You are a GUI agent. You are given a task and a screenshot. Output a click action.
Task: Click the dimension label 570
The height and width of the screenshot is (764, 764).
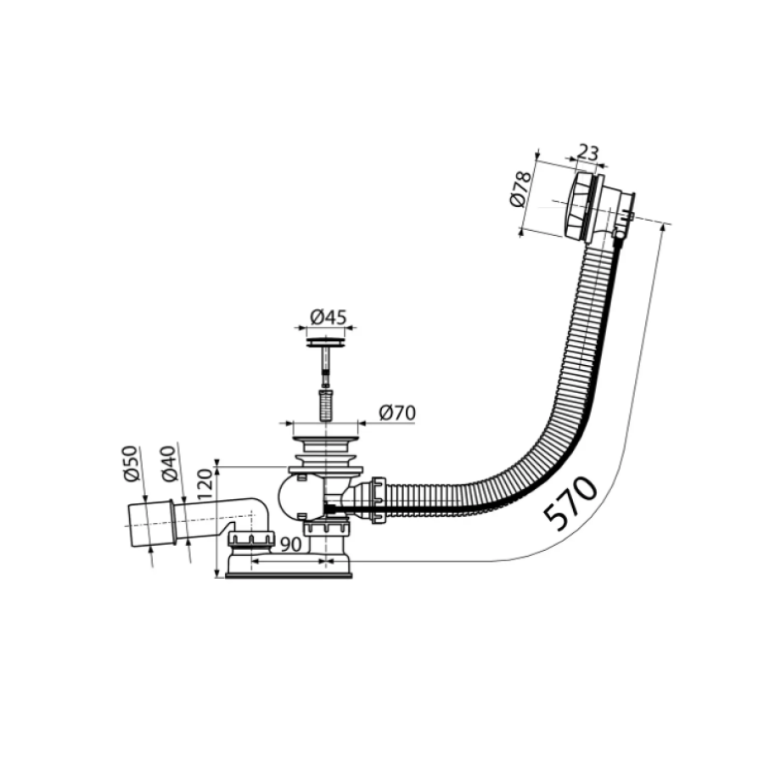571,503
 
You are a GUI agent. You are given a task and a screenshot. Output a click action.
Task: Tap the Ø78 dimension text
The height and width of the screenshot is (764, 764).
521,189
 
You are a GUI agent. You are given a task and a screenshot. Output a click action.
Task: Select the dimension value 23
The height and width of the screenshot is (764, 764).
587,153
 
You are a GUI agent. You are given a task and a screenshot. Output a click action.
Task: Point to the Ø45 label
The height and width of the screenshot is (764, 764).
328,317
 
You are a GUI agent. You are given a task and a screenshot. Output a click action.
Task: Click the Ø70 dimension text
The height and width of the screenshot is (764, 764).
397,413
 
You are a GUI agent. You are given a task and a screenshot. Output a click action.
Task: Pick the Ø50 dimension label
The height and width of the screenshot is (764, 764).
132,463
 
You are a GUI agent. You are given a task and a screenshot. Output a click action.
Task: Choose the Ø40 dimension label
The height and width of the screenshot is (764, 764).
169,463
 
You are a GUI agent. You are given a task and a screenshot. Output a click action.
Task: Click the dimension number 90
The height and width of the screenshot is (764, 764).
291,544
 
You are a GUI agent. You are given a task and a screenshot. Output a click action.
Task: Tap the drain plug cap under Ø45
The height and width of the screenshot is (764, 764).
325,341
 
